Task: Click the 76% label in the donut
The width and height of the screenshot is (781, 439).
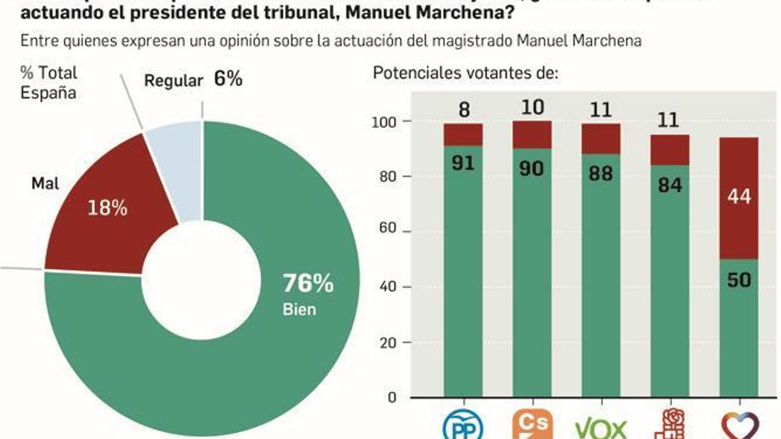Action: pyautogui.click(x=308, y=283)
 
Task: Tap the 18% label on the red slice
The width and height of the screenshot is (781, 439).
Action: pyautogui.click(x=107, y=208)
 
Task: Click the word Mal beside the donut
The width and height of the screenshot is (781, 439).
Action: pyautogui.click(x=45, y=184)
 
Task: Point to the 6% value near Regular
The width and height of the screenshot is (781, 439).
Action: pyautogui.click(x=228, y=79)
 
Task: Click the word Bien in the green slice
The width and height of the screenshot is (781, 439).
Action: pyautogui.click(x=299, y=310)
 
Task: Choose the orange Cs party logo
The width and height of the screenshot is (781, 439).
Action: pyautogui.click(x=533, y=424)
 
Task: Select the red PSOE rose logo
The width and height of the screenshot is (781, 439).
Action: pyautogui.click(x=670, y=424)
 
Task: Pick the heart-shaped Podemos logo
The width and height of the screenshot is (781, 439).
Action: pyautogui.click(x=740, y=426)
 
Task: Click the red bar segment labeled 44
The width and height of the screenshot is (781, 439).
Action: pyautogui.click(x=739, y=197)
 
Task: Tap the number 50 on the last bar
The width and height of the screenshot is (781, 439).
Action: pyautogui.click(x=739, y=280)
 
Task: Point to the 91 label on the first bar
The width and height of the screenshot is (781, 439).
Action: pyautogui.click(x=463, y=163)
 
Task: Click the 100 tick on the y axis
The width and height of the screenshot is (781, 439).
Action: pyautogui.click(x=384, y=122)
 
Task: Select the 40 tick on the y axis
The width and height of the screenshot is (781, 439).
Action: pyautogui.click(x=388, y=287)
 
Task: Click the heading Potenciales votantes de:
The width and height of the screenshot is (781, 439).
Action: pyautogui.click(x=465, y=73)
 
